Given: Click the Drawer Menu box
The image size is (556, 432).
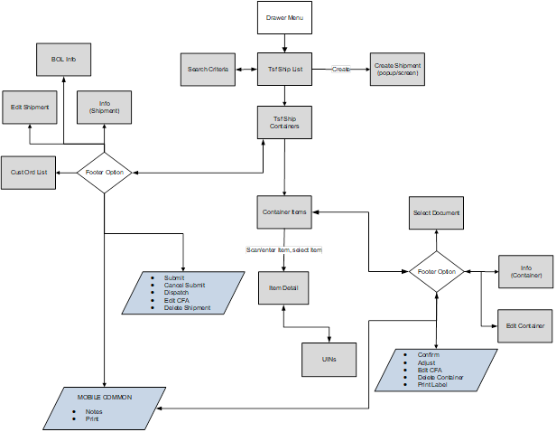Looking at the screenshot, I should pyautogui.click(x=285, y=18).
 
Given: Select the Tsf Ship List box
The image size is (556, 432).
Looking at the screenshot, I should pyautogui.click(x=285, y=69).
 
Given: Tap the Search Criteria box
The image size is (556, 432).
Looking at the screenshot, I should pyautogui.click(x=208, y=69).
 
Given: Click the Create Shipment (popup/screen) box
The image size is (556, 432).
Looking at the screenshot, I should pyautogui.click(x=397, y=69).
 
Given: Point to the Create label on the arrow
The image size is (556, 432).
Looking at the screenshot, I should pyautogui.click(x=340, y=69).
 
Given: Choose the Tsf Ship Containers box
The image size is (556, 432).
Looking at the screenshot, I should pyautogui.click(x=285, y=121).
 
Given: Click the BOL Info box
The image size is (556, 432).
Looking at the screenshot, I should pyautogui.click(x=63, y=60).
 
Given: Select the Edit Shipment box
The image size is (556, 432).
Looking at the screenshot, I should pyautogui.click(x=29, y=107).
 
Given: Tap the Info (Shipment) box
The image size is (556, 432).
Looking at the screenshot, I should pyautogui.click(x=105, y=107).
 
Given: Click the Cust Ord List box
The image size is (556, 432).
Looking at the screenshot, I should pyautogui.click(x=29, y=172).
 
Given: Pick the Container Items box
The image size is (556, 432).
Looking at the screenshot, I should pyautogui.click(x=285, y=212).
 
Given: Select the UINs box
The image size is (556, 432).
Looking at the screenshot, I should pyautogui.click(x=329, y=359).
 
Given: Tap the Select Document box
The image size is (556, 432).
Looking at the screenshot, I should pyautogui.click(x=437, y=213).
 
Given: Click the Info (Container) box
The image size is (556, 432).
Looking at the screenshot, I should pyautogui.click(x=524, y=271).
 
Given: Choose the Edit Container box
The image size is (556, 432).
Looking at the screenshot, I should pyautogui.click(x=524, y=325).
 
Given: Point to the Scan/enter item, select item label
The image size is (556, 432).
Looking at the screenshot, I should pyautogui.click(x=283, y=249).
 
